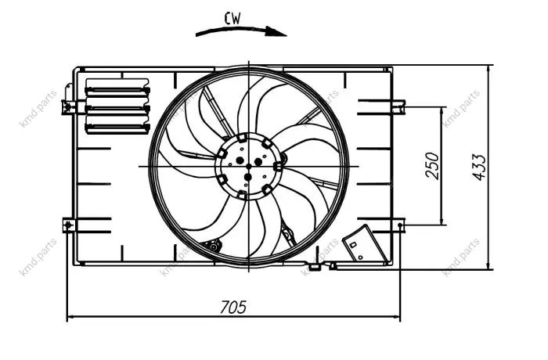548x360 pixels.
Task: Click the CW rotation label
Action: [233, 19]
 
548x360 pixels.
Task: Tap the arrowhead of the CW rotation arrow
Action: [276, 31]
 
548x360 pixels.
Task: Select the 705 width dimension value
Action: [233, 308]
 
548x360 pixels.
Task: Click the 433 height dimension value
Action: [479, 167]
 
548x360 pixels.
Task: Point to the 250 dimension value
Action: [432, 166]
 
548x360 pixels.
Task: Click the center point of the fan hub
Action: [248, 166]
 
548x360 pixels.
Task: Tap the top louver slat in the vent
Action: [117, 91]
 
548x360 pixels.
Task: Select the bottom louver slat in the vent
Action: [117, 128]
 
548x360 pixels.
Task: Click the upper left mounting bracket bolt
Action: [69, 105]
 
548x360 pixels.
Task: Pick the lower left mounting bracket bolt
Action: [69, 225]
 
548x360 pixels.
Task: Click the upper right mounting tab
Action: [398, 107]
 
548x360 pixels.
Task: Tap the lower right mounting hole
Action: [399, 225]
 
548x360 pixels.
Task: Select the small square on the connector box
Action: [353, 245]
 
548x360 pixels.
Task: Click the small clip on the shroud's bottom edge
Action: [314, 267]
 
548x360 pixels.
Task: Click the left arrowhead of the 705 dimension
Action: [71, 318]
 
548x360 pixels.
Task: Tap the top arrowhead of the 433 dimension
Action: [488, 70]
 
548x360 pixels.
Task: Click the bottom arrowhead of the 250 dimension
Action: [442, 220]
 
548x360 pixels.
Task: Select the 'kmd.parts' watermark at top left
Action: [38, 109]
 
